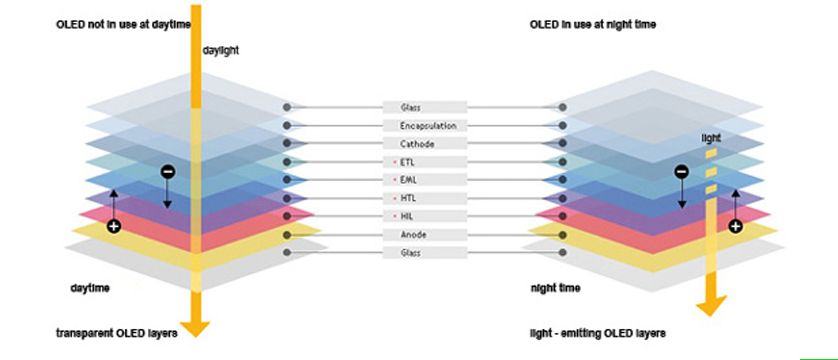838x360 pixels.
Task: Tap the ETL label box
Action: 425,162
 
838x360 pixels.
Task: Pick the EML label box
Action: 425,181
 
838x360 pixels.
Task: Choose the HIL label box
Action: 425,216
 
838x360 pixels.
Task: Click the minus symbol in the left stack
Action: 167,171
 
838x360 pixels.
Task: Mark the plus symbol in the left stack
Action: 113,226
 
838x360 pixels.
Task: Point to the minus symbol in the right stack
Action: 681,171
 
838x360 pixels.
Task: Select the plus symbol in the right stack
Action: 735,226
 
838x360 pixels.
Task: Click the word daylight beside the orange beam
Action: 221,51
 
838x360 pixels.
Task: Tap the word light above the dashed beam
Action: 711,138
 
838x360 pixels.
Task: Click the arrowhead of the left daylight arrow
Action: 195,329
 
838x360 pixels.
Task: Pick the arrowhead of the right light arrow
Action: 711,306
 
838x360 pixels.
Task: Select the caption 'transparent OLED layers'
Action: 117,333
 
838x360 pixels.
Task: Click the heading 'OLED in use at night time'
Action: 593,25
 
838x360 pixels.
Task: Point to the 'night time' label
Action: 555,288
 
